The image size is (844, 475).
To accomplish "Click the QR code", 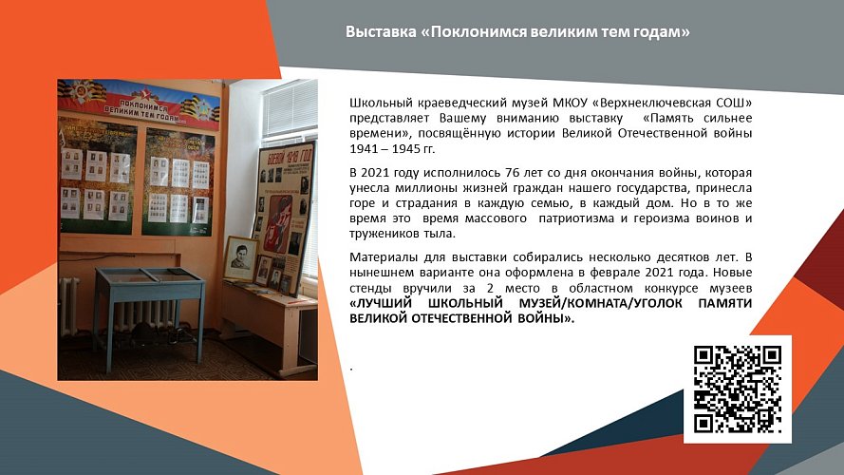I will point(738,389).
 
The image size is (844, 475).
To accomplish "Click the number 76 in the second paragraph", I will point(485,172).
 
